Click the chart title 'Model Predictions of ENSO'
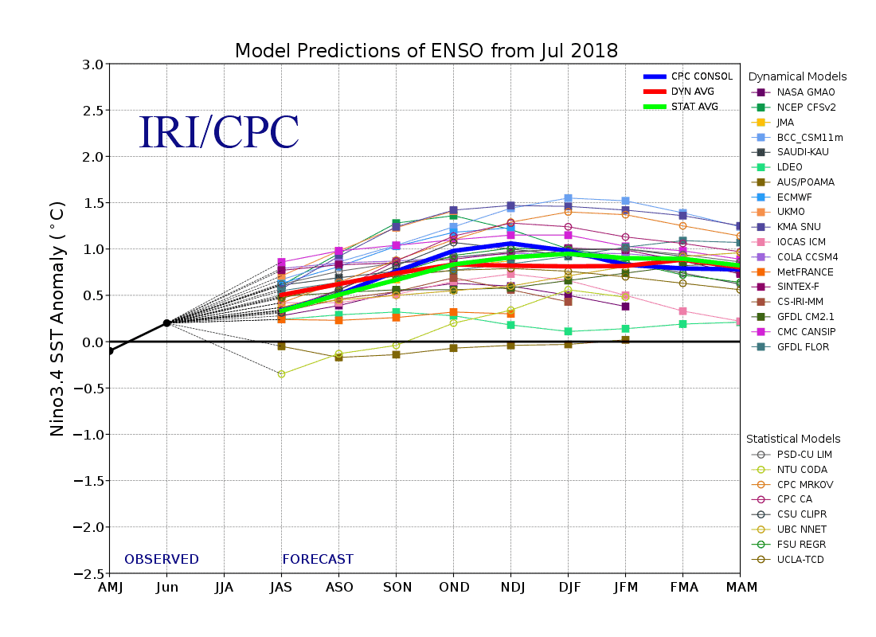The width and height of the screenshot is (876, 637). pos(426,51)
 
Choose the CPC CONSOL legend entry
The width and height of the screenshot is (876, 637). pos(700,76)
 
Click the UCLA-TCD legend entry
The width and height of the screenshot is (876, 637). pos(800,560)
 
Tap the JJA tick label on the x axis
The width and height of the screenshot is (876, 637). pos(224,588)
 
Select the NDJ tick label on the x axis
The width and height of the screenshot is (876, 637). pos(510,588)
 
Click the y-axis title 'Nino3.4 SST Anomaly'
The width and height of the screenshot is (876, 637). pos(57,318)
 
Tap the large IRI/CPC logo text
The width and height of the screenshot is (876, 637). pos(219,133)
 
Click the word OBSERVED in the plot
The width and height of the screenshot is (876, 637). pos(162,560)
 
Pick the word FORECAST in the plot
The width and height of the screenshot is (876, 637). pos(318,560)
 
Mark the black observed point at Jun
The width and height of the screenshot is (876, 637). pos(166,322)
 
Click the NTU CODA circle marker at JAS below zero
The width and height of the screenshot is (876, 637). pos(281,373)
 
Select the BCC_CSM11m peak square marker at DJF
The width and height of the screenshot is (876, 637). pos(568,198)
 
